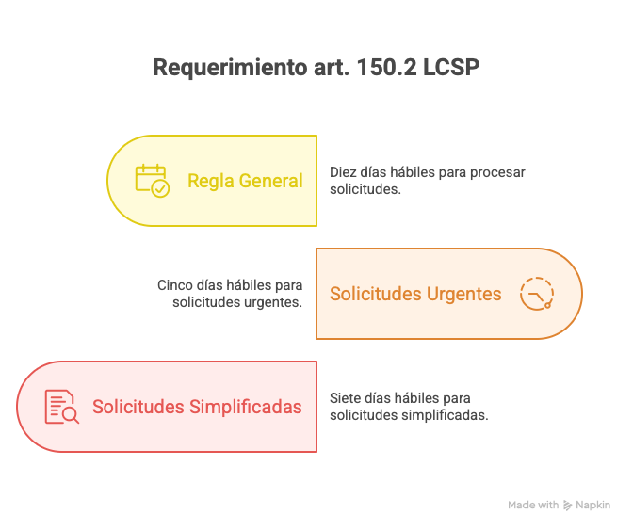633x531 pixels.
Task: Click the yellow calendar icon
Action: (152, 180)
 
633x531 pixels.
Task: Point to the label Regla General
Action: (245, 181)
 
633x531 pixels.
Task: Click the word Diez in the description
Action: (343, 173)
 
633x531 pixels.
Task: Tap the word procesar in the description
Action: (497, 173)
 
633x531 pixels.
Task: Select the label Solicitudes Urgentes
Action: (415, 294)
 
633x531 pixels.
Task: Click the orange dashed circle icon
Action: (537, 294)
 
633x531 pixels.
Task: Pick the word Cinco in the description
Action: (175, 285)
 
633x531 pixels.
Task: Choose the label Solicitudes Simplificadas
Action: (197, 407)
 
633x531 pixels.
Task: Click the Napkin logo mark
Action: (568, 506)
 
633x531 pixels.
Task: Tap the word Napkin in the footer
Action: (593, 506)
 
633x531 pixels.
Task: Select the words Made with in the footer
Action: (533, 506)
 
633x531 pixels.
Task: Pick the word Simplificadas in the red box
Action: (246, 407)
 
